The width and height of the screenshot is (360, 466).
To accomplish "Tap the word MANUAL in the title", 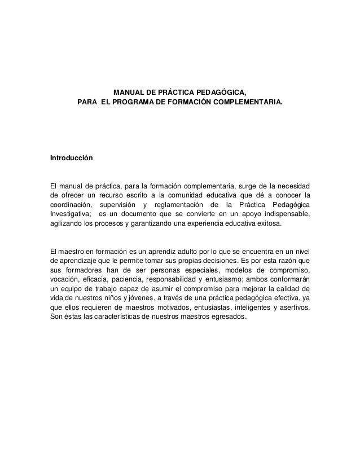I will pos(129,93).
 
